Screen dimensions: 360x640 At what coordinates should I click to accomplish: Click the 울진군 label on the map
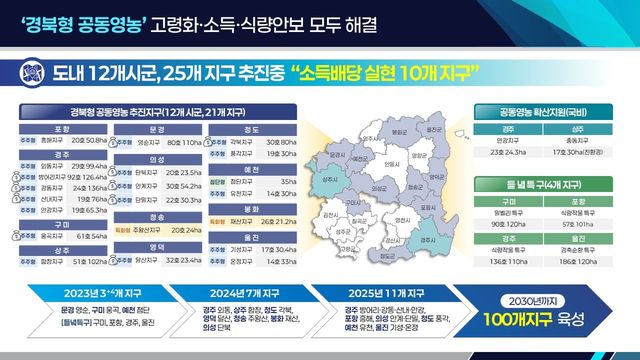click(433, 129)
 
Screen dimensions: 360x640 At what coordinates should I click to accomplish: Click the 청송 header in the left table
click(157, 216)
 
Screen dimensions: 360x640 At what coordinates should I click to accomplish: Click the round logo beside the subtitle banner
click(34, 73)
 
